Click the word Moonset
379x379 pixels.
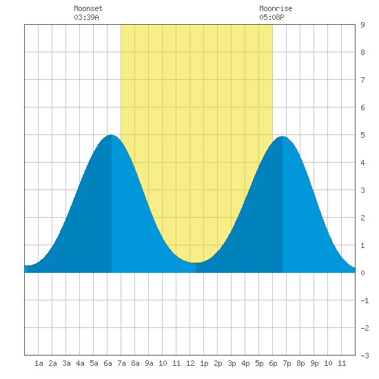(x=88, y=8)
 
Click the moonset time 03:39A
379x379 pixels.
(x=86, y=17)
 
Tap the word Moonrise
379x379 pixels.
(x=276, y=8)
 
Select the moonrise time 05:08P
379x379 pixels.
(x=272, y=17)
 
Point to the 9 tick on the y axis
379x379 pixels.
(x=362, y=25)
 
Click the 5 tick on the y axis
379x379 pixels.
(x=362, y=135)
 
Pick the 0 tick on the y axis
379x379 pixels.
(x=362, y=273)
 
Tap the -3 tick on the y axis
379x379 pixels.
(x=365, y=356)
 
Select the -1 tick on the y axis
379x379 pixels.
(x=365, y=300)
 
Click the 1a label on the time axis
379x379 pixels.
(x=39, y=363)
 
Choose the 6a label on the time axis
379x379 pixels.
(x=107, y=363)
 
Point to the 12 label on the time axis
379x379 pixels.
(x=190, y=363)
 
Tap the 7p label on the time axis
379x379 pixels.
(x=287, y=363)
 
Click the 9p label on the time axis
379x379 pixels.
(x=314, y=363)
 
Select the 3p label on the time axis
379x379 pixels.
(x=232, y=363)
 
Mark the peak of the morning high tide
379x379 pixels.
(x=111, y=135)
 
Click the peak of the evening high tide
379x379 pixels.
(x=283, y=136)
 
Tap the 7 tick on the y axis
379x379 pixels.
(x=362, y=80)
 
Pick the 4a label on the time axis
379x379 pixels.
(x=80, y=363)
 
